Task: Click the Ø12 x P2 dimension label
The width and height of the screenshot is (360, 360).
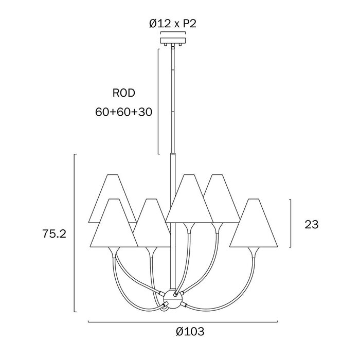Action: (x=173, y=24)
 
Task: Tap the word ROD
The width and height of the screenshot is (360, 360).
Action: (x=124, y=93)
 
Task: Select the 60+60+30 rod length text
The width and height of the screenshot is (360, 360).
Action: (x=124, y=112)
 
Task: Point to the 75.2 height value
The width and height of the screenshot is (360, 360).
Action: (x=54, y=234)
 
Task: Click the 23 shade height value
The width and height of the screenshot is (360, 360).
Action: (x=312, y=224)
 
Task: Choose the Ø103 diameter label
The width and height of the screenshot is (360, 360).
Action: (x=190, y=332)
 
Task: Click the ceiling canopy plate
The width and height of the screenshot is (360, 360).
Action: (x=173, y=41)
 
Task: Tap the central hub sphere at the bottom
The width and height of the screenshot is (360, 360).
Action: (x=173, y=299)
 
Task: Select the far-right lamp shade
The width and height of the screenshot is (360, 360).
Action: (x=254, y=223)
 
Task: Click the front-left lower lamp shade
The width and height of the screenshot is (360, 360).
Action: (x=114, y=223)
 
